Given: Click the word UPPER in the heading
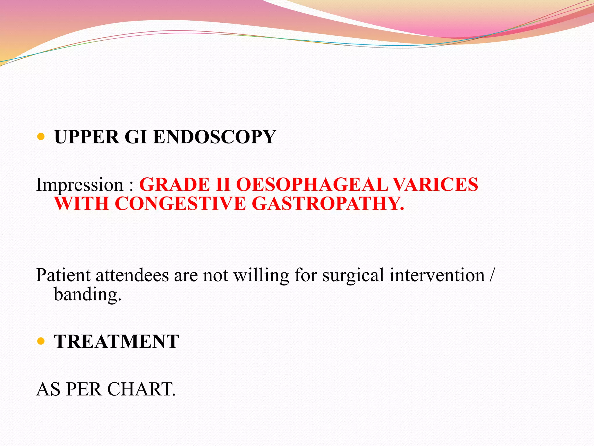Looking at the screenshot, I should coord(86,137).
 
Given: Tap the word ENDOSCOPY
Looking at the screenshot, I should coord(214,137).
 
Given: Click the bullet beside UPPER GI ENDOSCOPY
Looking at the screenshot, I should coord(41,136).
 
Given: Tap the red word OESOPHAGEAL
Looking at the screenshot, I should coord(312,185).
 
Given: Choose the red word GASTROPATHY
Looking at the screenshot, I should coord(328,204).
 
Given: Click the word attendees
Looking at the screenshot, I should coord(132,275).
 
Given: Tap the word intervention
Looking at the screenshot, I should coord(437,275).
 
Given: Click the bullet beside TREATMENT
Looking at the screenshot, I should coord(41,341).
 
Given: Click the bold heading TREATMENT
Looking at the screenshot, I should coord(116,341).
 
